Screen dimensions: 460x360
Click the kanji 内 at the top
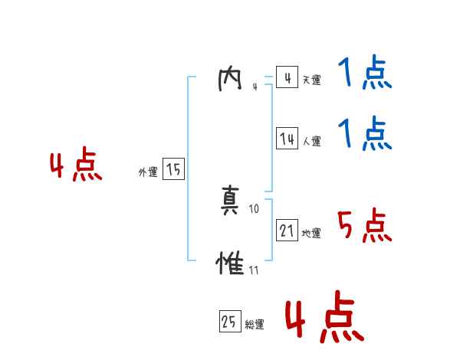click(230, 79)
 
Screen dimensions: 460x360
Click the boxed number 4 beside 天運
click(287, 78)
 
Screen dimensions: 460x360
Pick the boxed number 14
click(287, 139)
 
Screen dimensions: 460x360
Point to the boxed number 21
click(287, 230)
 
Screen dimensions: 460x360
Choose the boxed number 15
click(173, 169)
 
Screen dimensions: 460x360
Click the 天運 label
click(311, 80)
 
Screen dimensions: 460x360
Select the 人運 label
click(311, 141)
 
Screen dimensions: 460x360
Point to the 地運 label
click(311, 233)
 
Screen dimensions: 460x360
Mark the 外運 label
click(148, 172)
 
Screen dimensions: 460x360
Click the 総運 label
click(255, 325)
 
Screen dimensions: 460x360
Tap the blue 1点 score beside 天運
click(364, 74)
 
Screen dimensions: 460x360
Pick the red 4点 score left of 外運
click(76, 167)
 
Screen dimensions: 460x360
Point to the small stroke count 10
click(255, 208)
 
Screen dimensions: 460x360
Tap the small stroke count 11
click(254, 270)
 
